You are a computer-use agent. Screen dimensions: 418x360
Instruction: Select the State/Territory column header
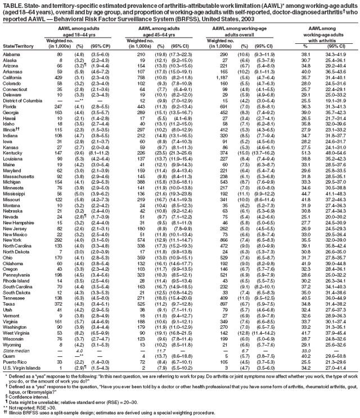(x=17, y=46)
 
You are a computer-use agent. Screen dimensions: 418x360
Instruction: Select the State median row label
(x=15, y=351)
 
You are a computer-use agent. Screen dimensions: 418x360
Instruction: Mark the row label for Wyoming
(x=12, y=345)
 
